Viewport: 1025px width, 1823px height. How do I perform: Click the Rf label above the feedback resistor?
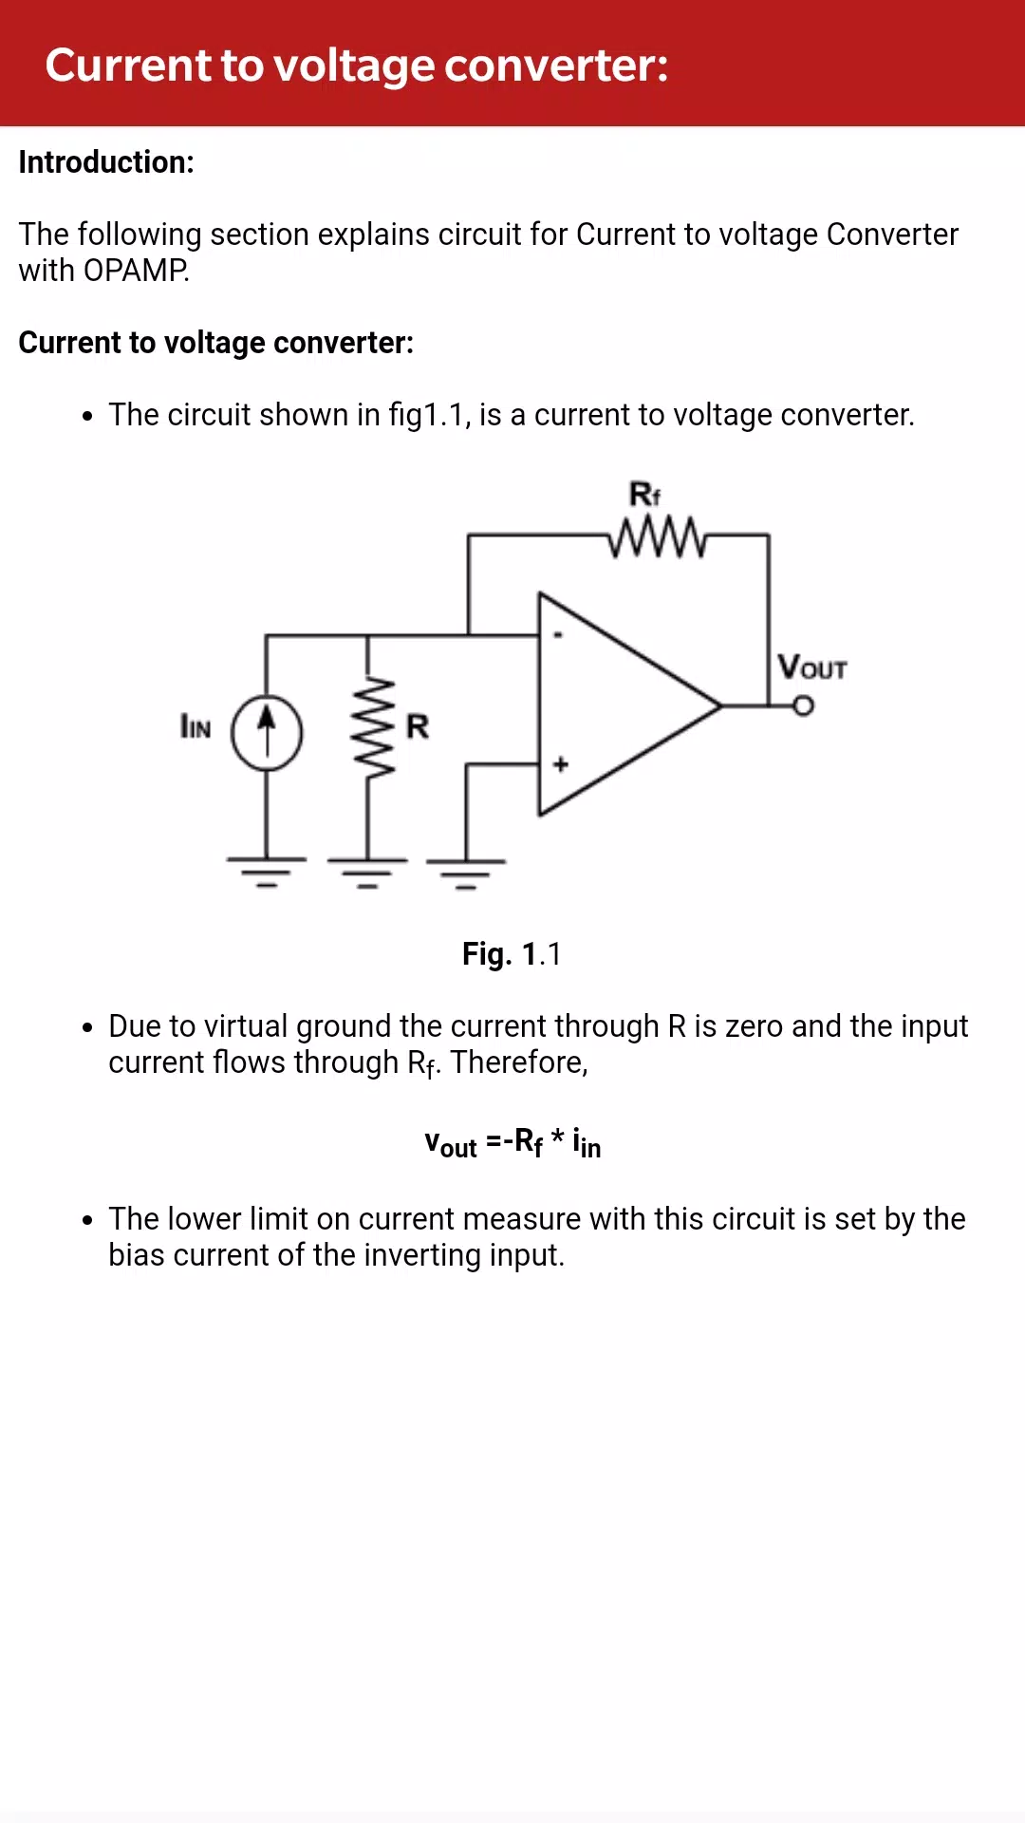pyautogui.click(x=644, y=495)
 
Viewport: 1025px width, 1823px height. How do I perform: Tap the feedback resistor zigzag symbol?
pyautogui.click(x=658, y=537)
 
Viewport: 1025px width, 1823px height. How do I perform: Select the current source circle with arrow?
pyautogui.click(x=268, y=733)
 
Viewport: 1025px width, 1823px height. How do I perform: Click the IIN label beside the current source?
pyautogui.click(x=196, y=726)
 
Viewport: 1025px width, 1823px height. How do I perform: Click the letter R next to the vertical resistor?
pyautogui.click(x=418, y=726)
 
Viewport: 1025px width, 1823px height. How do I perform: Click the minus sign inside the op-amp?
pyautogui.click(x=558, y=635)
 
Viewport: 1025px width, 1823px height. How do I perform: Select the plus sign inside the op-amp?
pyautogui.click(x=561, y=763)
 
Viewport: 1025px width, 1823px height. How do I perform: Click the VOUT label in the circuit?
pyautogui.click(x=811, y=667)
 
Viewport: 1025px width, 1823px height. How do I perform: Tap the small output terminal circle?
pyautogui.click(x=804, y=706)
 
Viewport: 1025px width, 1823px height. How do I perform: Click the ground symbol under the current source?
pyautogui.click(x=267, y=872)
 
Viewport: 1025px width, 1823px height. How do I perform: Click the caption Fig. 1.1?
pyautogui.click(x=512, y=953)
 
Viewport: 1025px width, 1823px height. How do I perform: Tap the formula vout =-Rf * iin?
pyautogui.click(x=512, y=1142)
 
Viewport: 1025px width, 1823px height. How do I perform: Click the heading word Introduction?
pyautogui.click(x=106, y=162)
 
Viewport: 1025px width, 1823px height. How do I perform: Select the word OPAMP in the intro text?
pyautogui.click(x=136, y=271)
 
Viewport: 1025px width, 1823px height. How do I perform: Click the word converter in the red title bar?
pyautogui.click(x=556, y=66)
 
